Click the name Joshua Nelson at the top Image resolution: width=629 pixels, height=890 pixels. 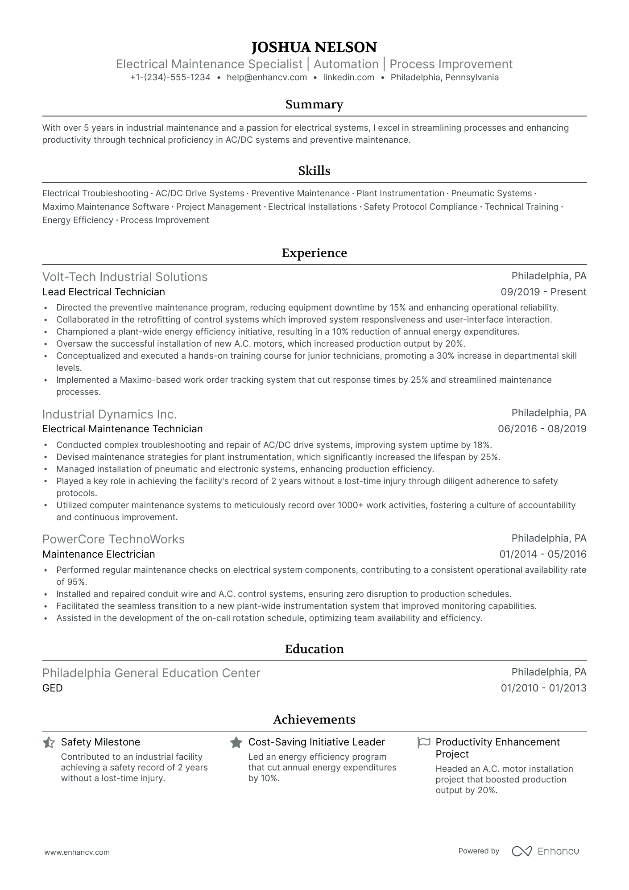click(314, 47)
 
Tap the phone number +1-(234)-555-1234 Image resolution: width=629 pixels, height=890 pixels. click(170, 77)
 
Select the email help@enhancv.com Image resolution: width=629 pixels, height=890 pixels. click(267, 77)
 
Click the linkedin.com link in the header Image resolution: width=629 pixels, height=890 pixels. click(348, 77)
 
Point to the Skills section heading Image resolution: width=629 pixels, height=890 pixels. click(314, 171)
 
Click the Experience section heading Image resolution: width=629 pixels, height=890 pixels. click(314, 253)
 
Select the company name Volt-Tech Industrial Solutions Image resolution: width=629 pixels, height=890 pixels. click(125, 277)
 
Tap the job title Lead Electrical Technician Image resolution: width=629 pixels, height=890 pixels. click(103, 292)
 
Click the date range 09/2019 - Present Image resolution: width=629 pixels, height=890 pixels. click(543, 292)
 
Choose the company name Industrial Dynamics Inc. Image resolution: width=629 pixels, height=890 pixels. click(109, 414)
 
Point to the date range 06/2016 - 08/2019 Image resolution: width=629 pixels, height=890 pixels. click(542, 429)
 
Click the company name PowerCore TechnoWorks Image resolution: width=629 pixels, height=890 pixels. click(113, 539)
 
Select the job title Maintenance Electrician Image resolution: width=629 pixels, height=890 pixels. click(99, 555)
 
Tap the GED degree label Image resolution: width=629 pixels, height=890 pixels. click(52, 688)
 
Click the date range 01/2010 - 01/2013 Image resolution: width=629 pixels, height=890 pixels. click(543, 688)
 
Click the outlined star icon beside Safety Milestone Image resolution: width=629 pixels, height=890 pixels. click(49, 743)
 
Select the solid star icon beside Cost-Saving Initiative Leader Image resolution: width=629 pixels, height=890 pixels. click(236, 743)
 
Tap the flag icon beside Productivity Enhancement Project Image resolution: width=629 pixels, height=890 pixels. click(423, 743)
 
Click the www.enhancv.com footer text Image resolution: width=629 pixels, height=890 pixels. click(77, 852)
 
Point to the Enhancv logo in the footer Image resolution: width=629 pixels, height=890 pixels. click(545, 851)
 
